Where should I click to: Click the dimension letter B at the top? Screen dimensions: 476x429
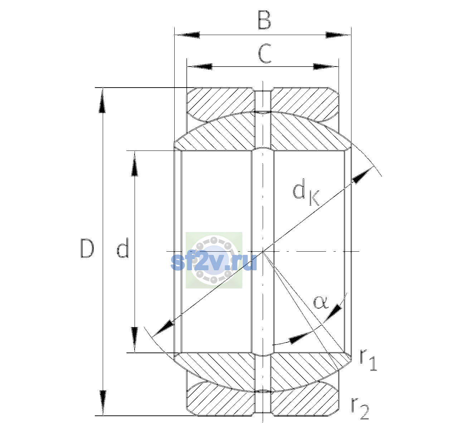(x=264, y=20)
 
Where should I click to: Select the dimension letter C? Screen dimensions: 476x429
(x=264, y=53)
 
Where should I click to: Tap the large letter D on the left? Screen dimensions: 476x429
(x=87, y=248)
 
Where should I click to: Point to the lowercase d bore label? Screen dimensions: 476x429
(x=123, y=248)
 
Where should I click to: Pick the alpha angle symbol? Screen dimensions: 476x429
(x=321, y=302)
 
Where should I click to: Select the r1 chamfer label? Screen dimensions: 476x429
(x=368, y=360)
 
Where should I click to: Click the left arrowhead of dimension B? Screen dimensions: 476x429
(x=188, y=35)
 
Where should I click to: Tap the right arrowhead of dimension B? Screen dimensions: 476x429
(x=338, y=35)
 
